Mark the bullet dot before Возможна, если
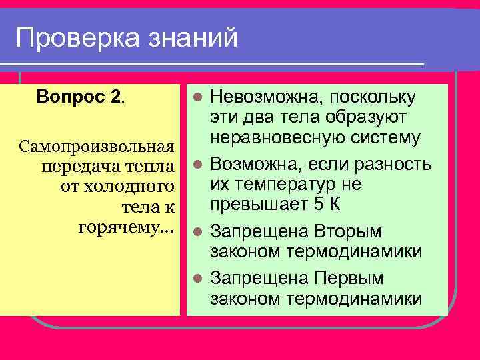point(196,164)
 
